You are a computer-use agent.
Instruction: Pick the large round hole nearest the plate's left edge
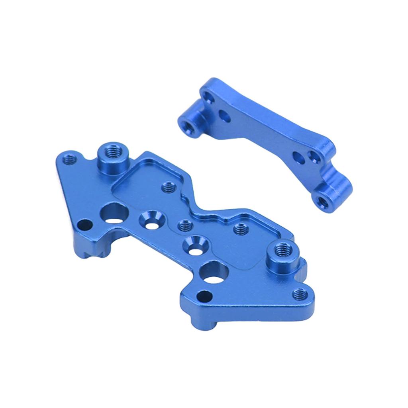click(x=114, y=212)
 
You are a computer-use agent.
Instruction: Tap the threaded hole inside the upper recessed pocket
click(x=168, y=186)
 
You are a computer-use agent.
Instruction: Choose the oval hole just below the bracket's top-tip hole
click(x=224, y=116)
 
